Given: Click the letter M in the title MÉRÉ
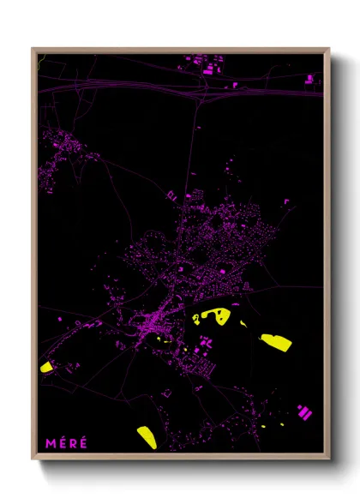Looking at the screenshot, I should pos(51,443).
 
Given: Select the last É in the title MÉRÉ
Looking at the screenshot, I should pos(83,443).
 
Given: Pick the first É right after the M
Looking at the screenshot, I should pos(62,443).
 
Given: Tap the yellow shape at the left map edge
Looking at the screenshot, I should pos(46,367).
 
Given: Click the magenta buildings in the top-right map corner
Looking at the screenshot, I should pos(309,80).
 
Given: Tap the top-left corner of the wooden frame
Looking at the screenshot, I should pos(33,49).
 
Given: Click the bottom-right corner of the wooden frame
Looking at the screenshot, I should pos(328,458).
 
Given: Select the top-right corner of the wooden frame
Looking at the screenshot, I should pos(328,49).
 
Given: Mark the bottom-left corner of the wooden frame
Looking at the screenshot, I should pos(33,458).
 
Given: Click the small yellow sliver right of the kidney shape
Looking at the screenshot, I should pos(243,324).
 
